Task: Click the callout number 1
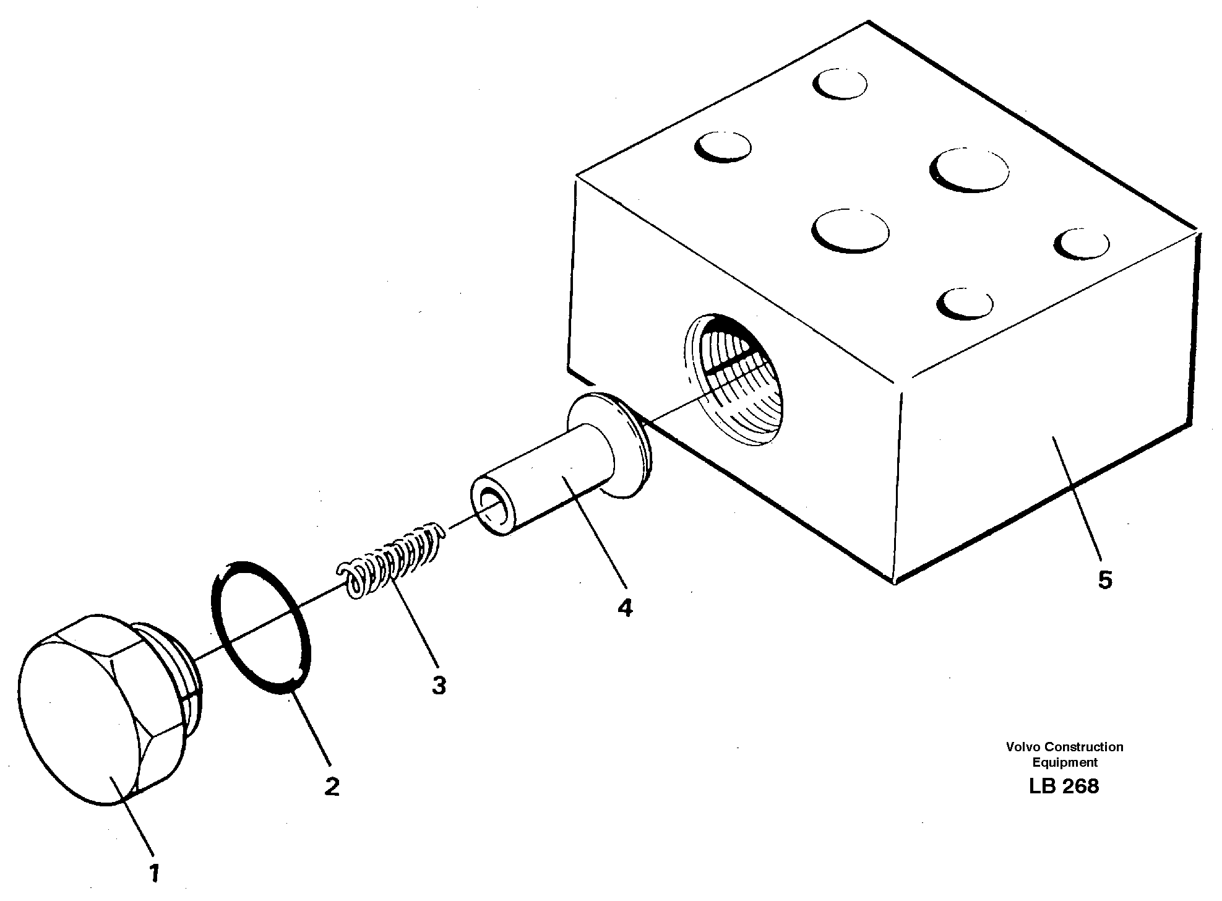154,873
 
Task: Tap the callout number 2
332,787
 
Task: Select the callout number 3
439,686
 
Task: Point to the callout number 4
625,608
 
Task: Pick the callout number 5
1105,580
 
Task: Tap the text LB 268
1064,787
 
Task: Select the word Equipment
1064,762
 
